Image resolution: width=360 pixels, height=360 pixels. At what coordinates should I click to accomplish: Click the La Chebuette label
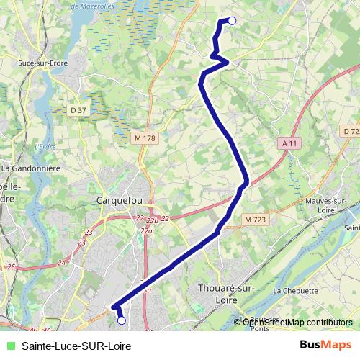coord(295,291)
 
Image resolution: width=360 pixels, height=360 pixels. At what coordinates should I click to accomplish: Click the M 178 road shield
coord(145,137)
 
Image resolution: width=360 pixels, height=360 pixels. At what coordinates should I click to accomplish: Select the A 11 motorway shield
coord(289,143)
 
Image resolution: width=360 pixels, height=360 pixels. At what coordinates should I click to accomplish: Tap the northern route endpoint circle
coord(232,21)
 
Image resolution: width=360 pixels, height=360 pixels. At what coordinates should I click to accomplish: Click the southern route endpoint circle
coord(121,320)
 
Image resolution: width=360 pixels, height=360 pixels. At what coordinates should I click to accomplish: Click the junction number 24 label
coord(62,262)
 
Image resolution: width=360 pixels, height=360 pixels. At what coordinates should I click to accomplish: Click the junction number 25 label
coord(11,267)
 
